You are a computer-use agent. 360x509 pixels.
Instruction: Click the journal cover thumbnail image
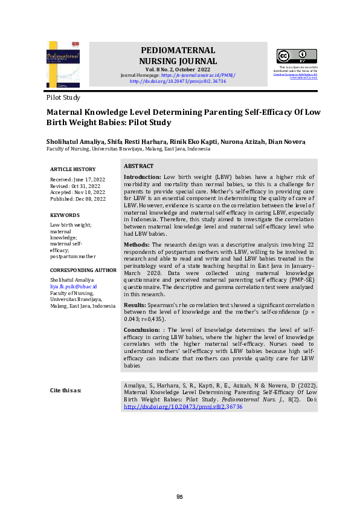(x=62, y=64)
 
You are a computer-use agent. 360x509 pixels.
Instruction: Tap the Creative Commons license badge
(x=297, y=56)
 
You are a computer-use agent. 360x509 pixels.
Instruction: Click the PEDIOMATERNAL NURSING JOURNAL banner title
(x=178, y=56)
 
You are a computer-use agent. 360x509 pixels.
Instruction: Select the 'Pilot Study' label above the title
(x=63, y=97)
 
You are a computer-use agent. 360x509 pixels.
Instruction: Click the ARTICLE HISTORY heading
(x=72, y=169)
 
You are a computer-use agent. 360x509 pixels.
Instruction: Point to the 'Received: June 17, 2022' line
(x=77, y=180)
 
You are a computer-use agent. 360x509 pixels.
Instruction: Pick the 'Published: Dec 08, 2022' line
(x=77, y=199)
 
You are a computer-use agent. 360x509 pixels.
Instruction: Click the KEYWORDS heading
(x=65, y=215)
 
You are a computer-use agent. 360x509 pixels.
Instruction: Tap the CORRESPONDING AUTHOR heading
(x=83, y=270)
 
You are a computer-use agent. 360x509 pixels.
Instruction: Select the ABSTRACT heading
(x=138, y=166)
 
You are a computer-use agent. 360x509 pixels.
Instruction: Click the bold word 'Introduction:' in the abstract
(x=142, y=177)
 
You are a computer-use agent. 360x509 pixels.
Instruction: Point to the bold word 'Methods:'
(x=137, y=244)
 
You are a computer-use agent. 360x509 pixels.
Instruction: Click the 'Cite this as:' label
(x=65, y=390)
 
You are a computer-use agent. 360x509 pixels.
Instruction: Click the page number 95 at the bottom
(x=179, y=497)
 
